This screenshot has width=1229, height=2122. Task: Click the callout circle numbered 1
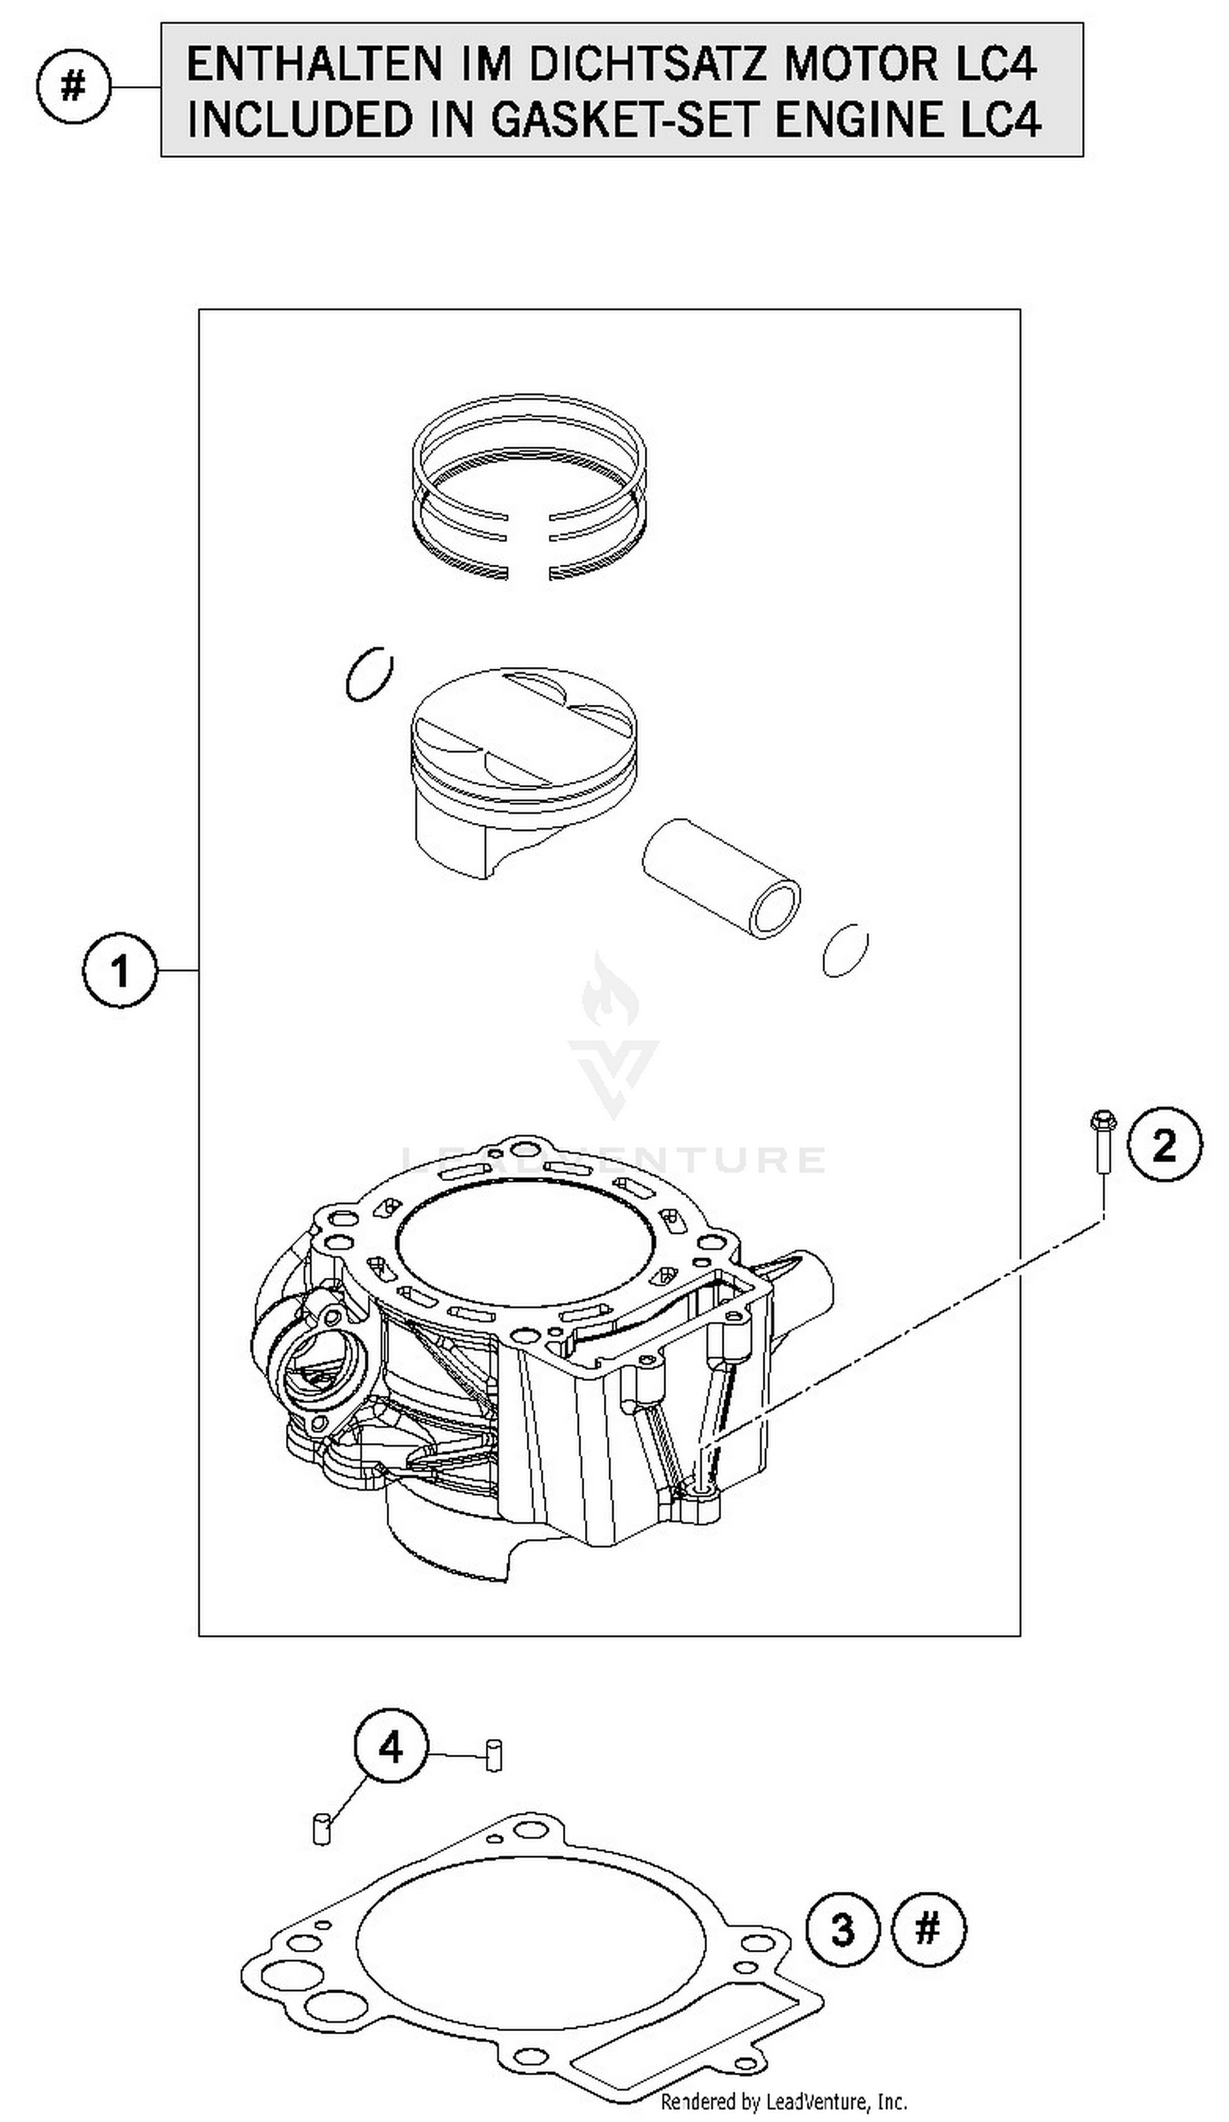[x=120, y=971]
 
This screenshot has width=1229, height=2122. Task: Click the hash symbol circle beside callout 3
[x=927, y=1929]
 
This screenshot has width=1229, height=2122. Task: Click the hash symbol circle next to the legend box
[x=73, y=87]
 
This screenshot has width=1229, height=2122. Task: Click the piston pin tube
[x=720, y=879]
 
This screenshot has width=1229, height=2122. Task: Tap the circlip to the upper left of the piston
[x=369, y=674]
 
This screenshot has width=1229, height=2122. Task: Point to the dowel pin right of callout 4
[x=494, y=1755]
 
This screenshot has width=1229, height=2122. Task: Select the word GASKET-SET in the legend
[x=624, y=120]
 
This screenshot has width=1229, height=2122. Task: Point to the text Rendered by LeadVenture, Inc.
[x=782, y=2102]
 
